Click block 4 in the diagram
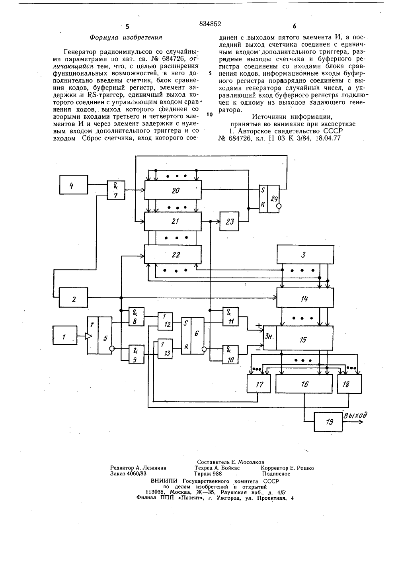pyautogui.click(x=74, y=184)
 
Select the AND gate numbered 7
pyautogui.click(x=116, y=190)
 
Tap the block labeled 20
pyautogui.click(x=173, y=190)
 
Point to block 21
pyautogui.click(x=173, y=221)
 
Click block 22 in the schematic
pyautogui.click(x=173, y=254)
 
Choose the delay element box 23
pyautogui.click(x=229, y=221)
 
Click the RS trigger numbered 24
pyautogui.click(x=269, y=199)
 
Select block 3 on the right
pyautogui.click(x=305, y=254)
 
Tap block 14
pyautogui.click(x=305, y=297)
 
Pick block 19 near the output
pyautogui.click(x=328, y=422)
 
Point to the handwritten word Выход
pyautogui.click(x=355, y=415)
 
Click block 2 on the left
pyautogui.click(x=73, y=297)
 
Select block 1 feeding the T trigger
pyautogui.click(x=65, y=335)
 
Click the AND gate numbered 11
pyautogui.click(x=231, y=317)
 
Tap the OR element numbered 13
pyautogui.click(x=165, y=349)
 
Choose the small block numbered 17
pyautogui.click(x=259, y=383)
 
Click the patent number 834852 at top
pyautogui.click(x=210, y=24)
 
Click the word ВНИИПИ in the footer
pyautogui.click(x=164, y=481)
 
